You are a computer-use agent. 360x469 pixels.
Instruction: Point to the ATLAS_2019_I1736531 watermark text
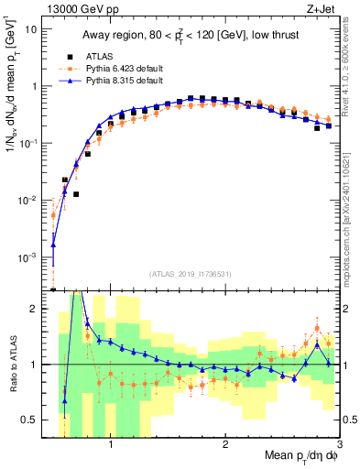point(191,274)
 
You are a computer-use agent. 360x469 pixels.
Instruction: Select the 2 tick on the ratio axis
point(34,309)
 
